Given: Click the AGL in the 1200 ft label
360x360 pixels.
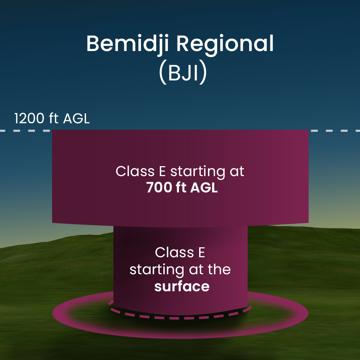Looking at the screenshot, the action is point(76,119).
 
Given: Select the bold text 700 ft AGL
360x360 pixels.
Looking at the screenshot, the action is point(182,187).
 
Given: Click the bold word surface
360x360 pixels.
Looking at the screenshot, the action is point(182,287).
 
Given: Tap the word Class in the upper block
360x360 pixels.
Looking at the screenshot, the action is point(135,171).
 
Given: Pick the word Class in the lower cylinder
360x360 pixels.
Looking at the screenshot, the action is point(174,253).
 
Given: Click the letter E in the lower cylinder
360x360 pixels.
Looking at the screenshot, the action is point(202,253).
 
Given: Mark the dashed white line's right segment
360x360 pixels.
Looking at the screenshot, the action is point(334,131).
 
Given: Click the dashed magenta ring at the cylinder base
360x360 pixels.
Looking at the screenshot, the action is point(180,318).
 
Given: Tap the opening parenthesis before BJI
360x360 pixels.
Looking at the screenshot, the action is point(163,72).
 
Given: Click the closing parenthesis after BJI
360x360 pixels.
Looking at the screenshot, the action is point(203,72).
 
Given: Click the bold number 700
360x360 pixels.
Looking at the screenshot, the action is point(159,187).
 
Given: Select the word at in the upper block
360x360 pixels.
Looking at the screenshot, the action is point(237,172).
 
